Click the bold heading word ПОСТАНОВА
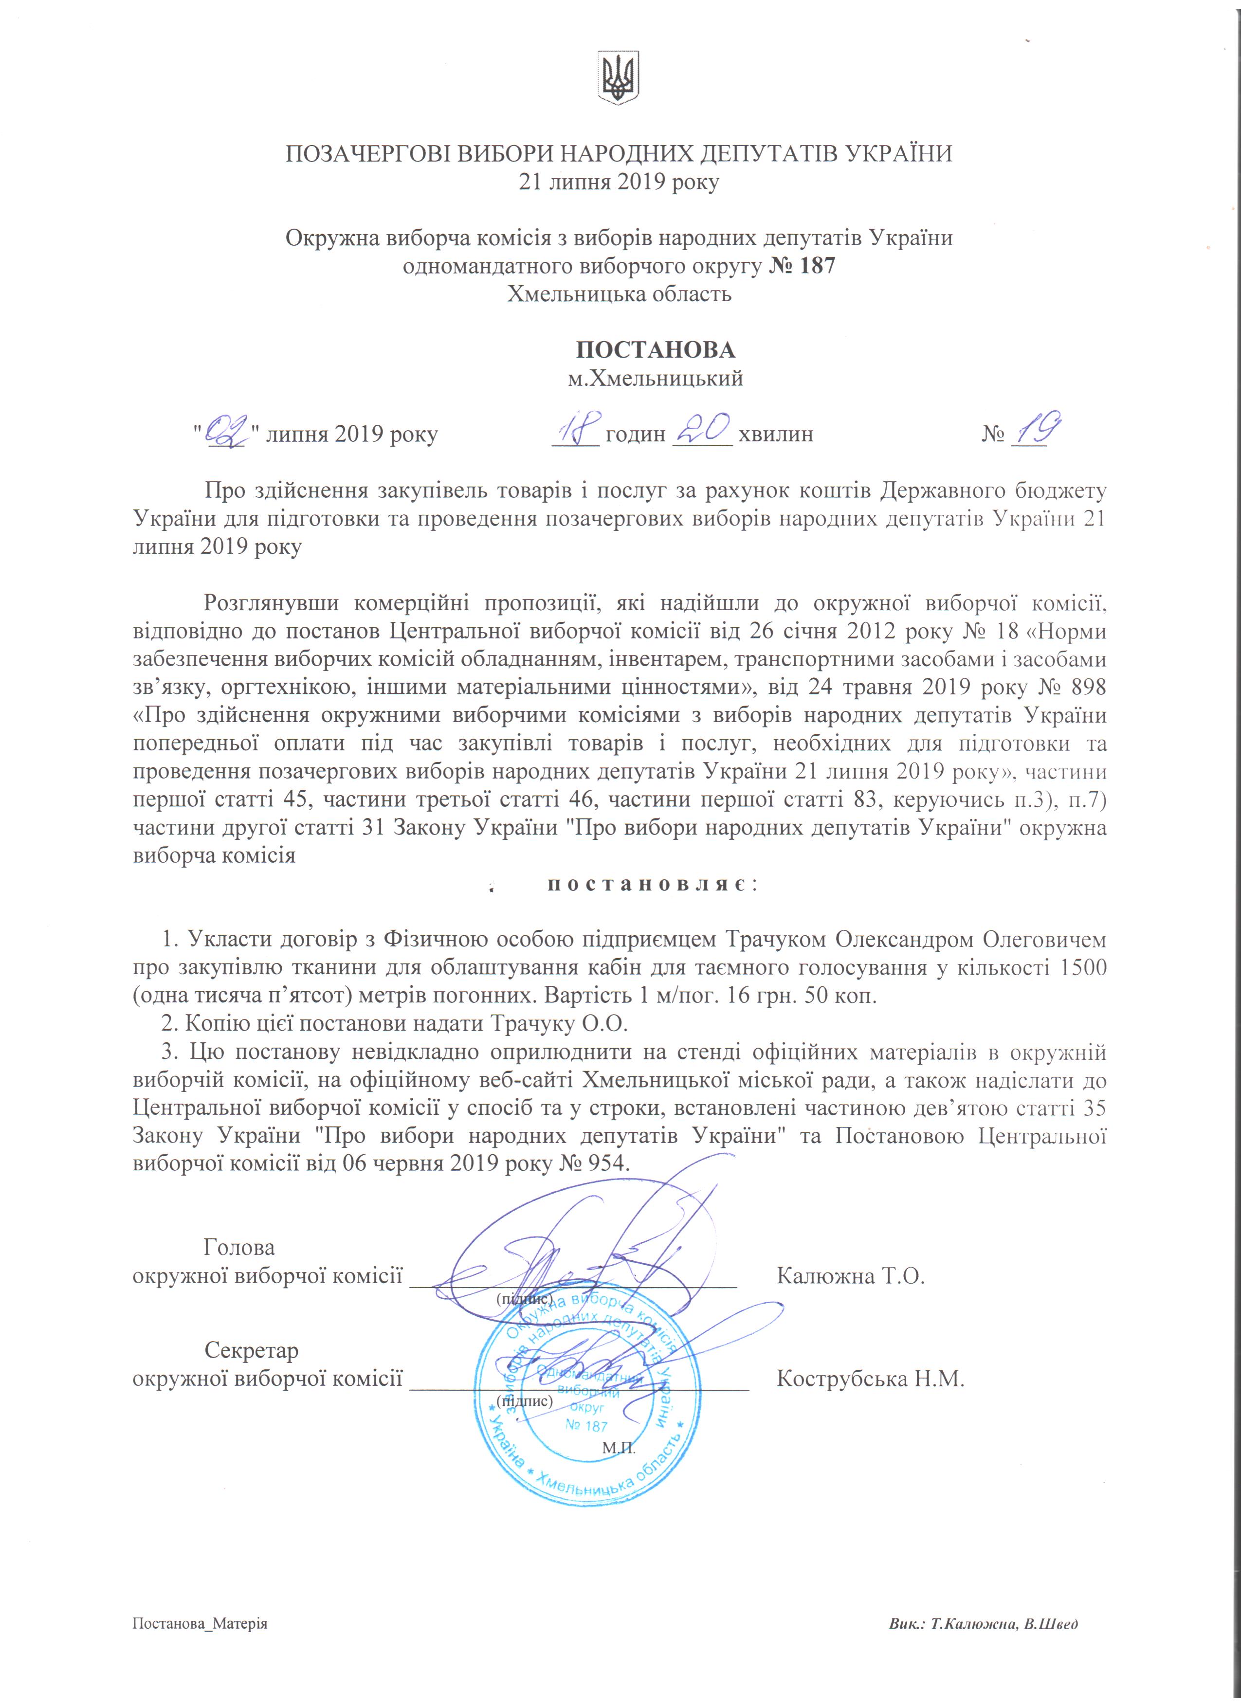click(656, 350)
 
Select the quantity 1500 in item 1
click(1082, 968)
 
